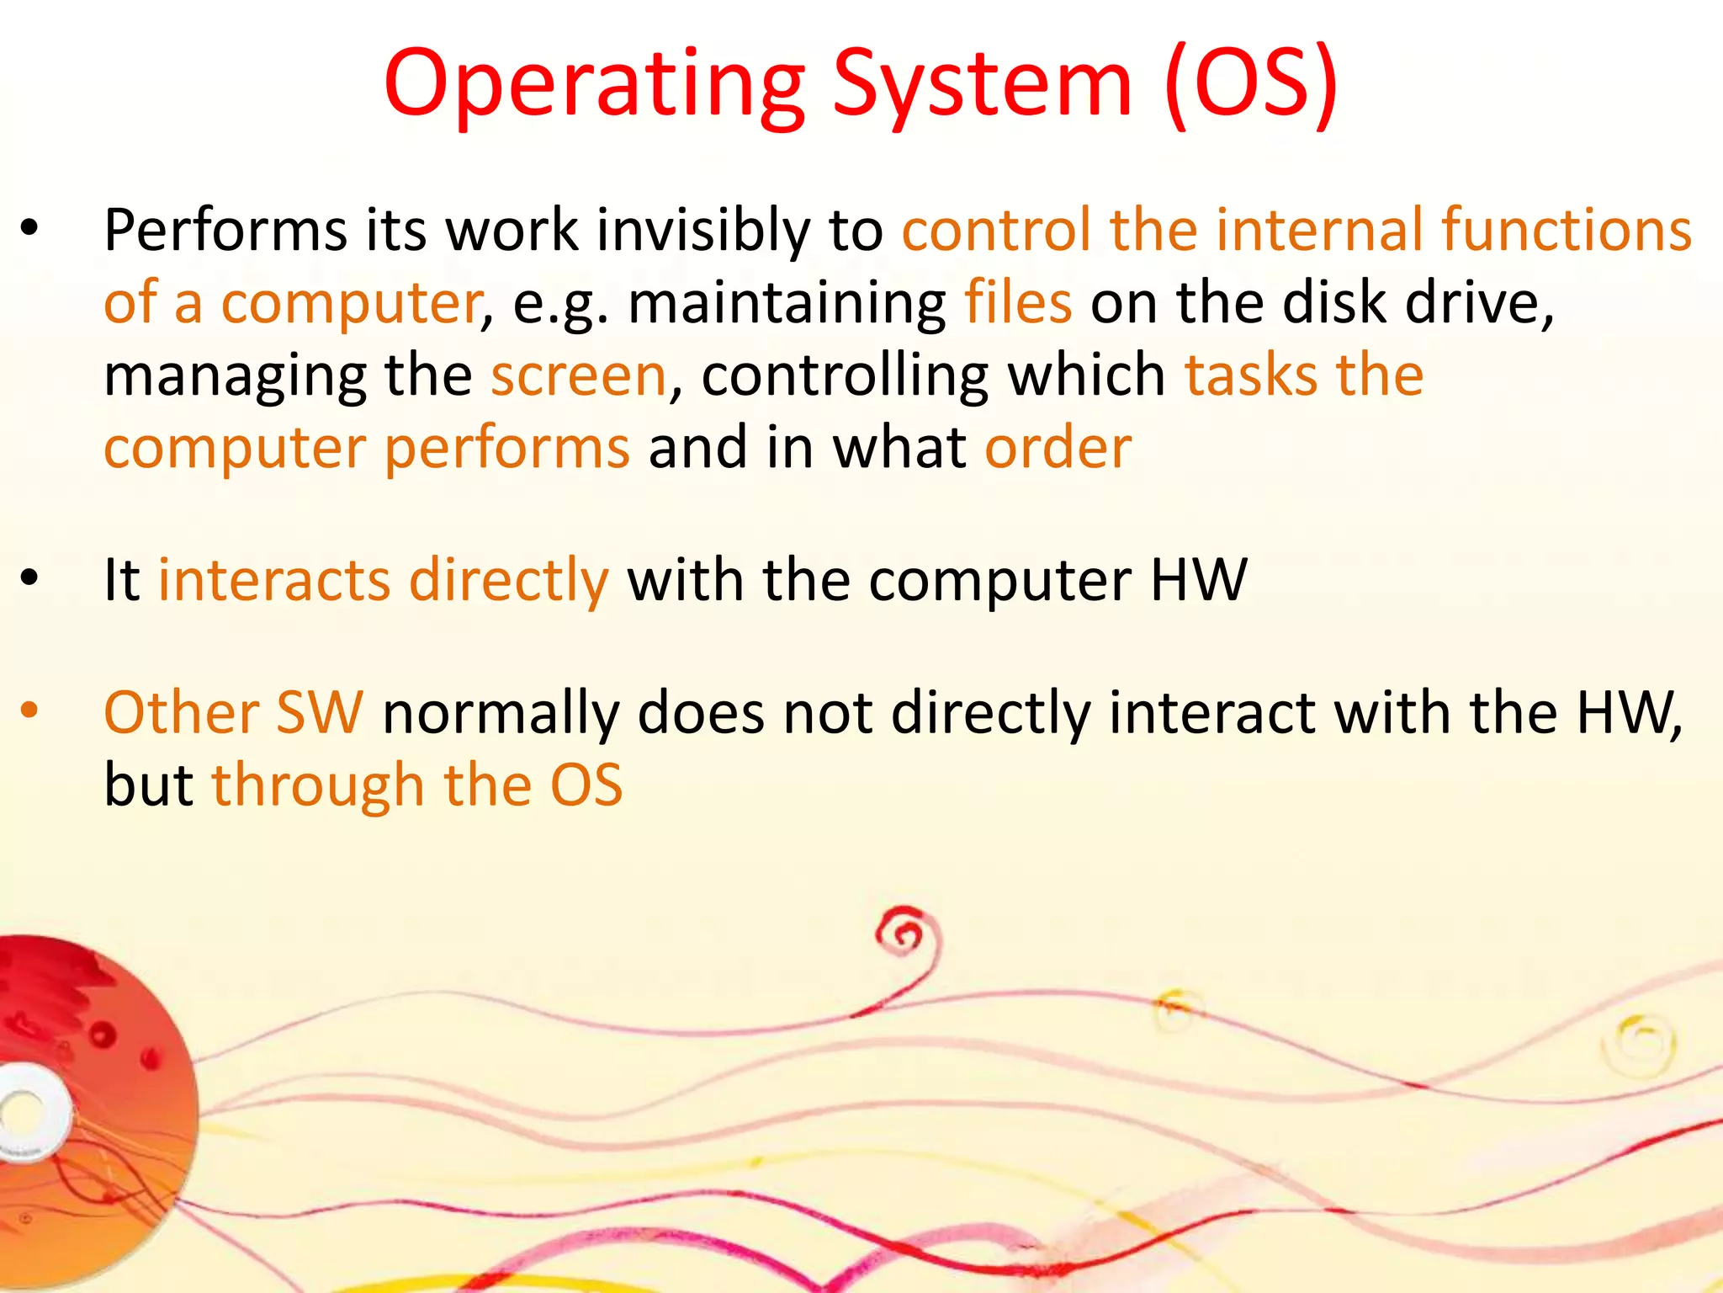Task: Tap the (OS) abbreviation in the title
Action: point(1252,85)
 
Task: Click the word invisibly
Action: point(702,231)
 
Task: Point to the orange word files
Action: point(1017,303)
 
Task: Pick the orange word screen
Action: point(579,375)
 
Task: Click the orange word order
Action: point(1058,448)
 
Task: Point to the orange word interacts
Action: point(274,580)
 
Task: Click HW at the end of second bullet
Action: point(1198,580)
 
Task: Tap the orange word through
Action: point(317,786)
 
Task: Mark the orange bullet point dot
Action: point(29,711)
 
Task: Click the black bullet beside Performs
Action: point(29,229)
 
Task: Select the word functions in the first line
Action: point(1566,231)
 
